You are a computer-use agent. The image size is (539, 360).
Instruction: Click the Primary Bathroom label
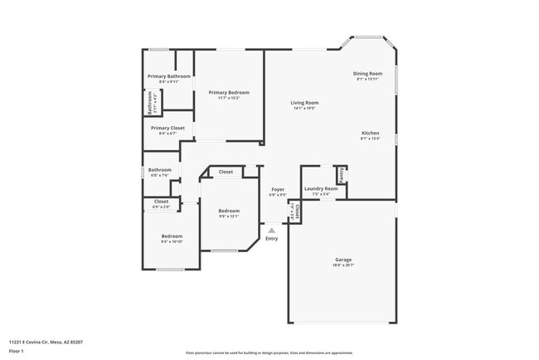tap(169, 76)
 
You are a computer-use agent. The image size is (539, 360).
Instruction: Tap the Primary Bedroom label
tap(229, 92)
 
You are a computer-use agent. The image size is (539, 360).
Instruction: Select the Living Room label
tap(304, 103)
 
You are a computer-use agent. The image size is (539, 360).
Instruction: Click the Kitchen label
tap(370, 134)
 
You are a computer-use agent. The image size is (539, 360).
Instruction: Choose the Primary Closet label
tap(168, 128)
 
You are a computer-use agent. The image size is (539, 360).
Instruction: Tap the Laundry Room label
tap(321, 189)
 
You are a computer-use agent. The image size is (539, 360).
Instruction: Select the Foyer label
tap(278, 190)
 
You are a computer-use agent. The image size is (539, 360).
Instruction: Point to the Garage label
tap(343, 260)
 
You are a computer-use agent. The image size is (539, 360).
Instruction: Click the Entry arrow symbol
tap(271, 231)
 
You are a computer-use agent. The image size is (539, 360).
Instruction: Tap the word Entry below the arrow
tap(272, 239)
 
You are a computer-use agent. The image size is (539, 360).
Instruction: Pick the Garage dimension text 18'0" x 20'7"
tap(343, 265)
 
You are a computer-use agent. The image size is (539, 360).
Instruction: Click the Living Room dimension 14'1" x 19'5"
tap(304, 109)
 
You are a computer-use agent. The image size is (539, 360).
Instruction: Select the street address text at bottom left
tap(46, 341)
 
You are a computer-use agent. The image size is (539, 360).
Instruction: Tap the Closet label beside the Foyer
tap(296, 211)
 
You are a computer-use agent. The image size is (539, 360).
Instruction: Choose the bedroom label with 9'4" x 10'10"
tap(172, 236)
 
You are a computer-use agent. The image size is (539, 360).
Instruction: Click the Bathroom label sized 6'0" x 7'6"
tap(159, 170)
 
